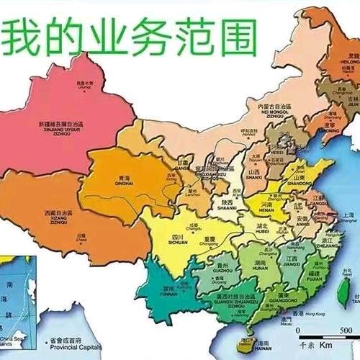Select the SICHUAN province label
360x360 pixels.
tap(176, 243)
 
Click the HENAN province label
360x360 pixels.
tap(265, 209)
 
